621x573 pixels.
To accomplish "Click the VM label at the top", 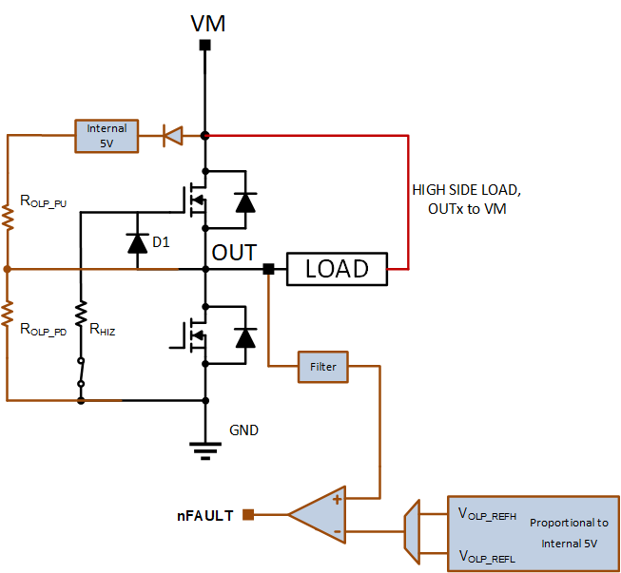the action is tap(208, 24).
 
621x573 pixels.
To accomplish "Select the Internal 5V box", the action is tap(107, 136).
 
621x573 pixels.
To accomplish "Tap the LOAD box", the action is tap(337, 269).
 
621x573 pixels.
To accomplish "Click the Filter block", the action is tap(323, 367).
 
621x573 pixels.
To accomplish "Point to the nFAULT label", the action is tap(205, 516).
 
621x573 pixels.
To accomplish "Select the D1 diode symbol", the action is tap(138, 243).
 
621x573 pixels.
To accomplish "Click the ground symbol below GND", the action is tap(205, 450).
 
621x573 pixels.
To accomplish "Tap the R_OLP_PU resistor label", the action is tap(43, 201).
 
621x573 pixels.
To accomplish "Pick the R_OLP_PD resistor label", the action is tap(43, 329).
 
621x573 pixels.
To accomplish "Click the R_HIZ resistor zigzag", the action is tap(81, 315).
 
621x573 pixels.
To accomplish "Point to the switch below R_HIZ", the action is tap(81, 372).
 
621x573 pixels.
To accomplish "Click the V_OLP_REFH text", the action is tap(487, 514).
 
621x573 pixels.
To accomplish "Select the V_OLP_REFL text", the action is tap(487, 557).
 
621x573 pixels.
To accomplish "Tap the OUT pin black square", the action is tap(268, 269).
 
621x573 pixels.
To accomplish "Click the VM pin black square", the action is tap(204, 45).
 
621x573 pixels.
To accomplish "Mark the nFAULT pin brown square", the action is tap(248, 515).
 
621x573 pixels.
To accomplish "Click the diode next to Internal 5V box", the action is tap(173, 136).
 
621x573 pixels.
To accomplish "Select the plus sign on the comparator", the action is tap(337, 500).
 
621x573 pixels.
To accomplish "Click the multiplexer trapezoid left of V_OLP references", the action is tap(412, 531).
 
